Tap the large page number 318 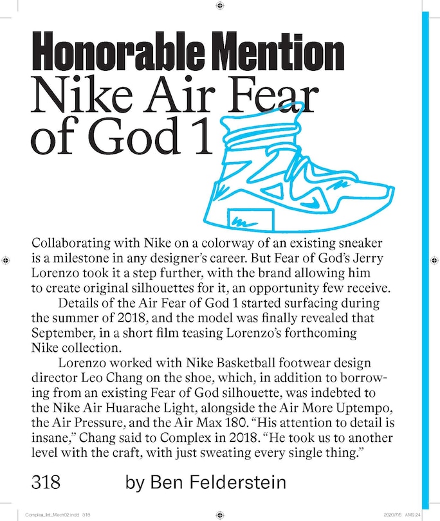click(x=46, y=482)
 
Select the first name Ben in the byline click(x=167, y=482)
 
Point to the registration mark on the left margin click(x=5, y=260)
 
